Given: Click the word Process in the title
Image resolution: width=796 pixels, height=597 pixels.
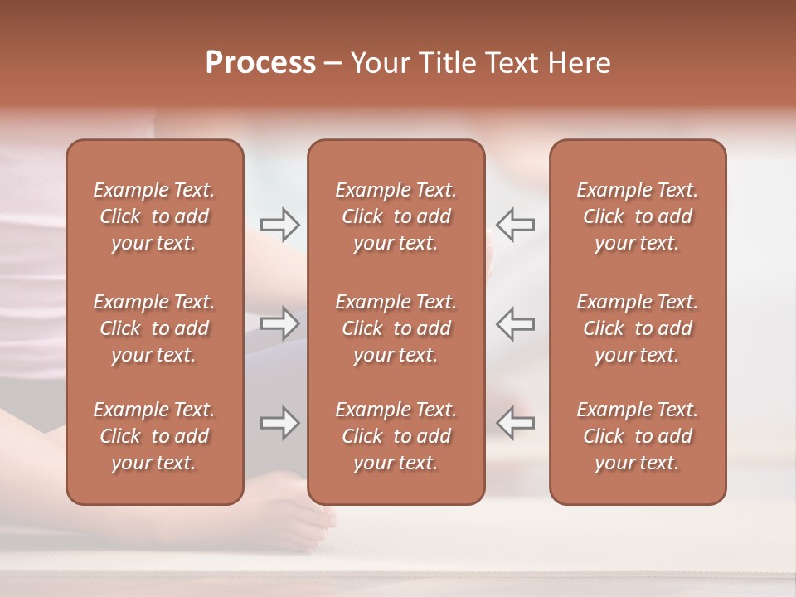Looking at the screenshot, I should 260,63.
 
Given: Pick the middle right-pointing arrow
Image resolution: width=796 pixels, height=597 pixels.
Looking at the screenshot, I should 279,323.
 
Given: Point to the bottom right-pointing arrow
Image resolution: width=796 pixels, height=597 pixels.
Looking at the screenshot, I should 279,423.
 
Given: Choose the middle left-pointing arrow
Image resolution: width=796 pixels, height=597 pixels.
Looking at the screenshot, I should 516,323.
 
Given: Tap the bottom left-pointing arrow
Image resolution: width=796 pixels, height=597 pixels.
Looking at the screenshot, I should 516,423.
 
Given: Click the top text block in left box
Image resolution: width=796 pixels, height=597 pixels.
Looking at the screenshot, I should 154,216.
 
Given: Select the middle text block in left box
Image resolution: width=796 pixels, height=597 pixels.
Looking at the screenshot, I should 154,328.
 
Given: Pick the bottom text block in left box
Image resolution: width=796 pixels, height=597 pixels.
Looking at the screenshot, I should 154,436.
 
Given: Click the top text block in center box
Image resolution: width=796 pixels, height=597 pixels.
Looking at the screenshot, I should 396,216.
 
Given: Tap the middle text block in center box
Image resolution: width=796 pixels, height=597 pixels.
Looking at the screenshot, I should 396,328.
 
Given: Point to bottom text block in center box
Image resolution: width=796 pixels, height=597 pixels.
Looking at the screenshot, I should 396,436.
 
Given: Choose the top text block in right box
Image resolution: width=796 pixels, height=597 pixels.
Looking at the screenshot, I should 638,216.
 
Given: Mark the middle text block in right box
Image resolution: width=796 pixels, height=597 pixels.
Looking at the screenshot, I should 638,328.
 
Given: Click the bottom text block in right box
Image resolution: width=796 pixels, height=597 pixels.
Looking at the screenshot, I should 638,436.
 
